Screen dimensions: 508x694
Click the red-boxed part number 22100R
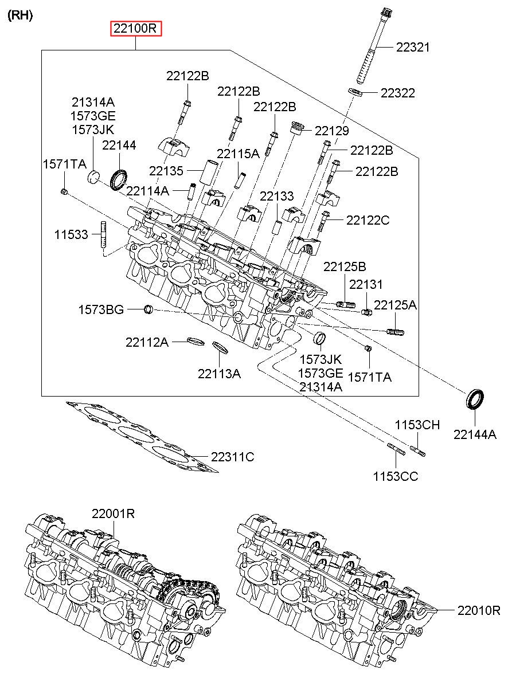click(x=136, y=29)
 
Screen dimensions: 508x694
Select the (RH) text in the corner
click(x=20, y=15)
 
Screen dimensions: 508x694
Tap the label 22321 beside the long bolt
click(x=413, y=48)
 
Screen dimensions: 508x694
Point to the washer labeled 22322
click(x=356, y=92)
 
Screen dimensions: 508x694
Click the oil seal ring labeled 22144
click(x=119, y=180)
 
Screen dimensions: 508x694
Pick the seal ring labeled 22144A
click(x=475, y=399)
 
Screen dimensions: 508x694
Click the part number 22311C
click(x=232, y=457)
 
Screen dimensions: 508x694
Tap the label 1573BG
click(x=101, y=309)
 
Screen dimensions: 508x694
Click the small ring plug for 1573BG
click(x=149, y=309)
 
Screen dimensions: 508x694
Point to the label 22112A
click(x=147, y=342)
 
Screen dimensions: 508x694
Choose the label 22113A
click(x=219, y=374)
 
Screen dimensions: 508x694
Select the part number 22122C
click(x=368, y=220)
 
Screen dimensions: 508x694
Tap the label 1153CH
click(x=417, y=425)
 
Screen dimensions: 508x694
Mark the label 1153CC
click(x=396, y=476)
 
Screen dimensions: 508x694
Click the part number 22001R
click(x=113, y=514)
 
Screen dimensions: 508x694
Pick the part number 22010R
click(x=479, y=611)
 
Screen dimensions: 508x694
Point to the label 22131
click(x=366, y=284)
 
